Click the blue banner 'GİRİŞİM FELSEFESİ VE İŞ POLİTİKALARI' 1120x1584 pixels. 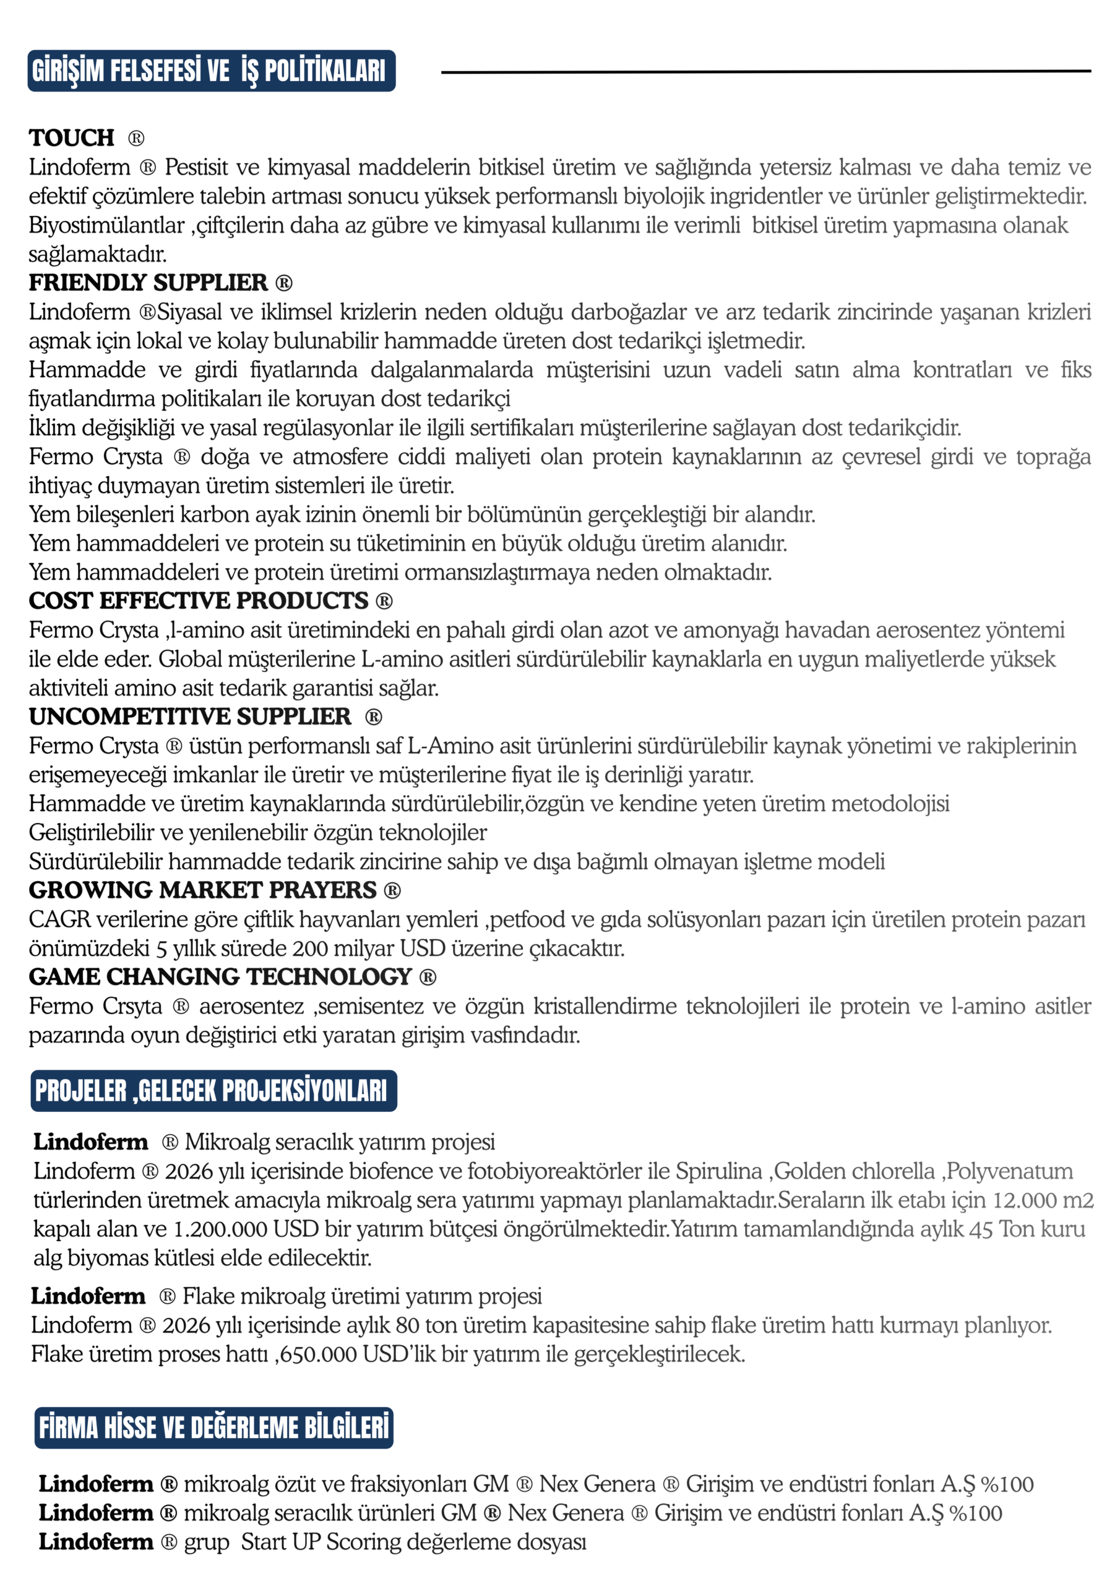[x=211, y=71]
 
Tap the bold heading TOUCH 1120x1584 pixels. [x=72, y=138]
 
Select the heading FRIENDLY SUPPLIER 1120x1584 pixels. [x=148, y=282]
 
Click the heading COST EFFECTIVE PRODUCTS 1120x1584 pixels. [x=198, y=600]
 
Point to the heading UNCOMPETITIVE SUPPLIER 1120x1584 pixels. [x=190, y=716]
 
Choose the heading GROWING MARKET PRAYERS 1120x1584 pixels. [x=202, y=890]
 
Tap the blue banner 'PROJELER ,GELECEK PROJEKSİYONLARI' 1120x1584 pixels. [x=213, y=1090]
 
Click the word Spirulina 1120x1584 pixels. [x=718, y=1171]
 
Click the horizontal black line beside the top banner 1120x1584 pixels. [x=765, y=71]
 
